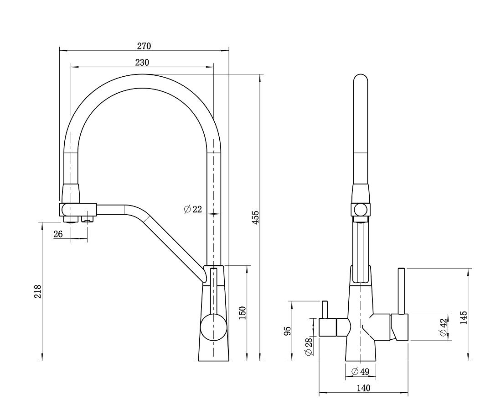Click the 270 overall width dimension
tap(144, 46)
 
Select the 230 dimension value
tap(142, 63)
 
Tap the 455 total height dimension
tap(256, 218)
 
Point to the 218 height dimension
tap(38, 291)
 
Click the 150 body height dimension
tap(243, 313)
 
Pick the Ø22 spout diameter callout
tap(193, 209)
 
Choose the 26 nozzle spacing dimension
tap(58, 234)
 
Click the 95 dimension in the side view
tap(287, 331)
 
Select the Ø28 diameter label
tap(309, 347)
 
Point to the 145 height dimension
tap(464, 318)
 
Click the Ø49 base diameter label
tap(360, 372)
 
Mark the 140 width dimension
tap(363, 388)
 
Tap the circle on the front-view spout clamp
tap(361, 210)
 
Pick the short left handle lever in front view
tap(325, 310)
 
